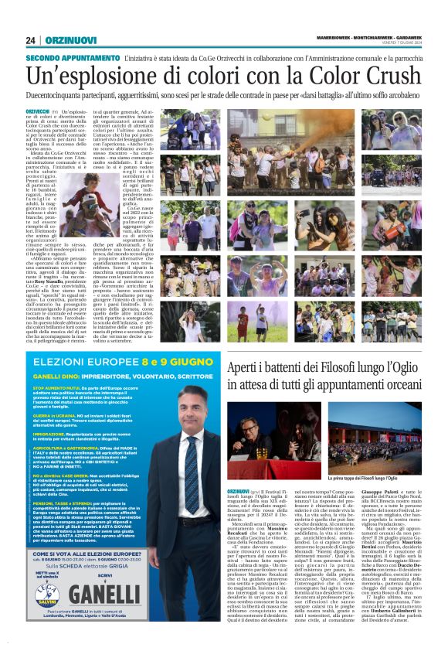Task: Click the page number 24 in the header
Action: pyautogui.click(x=31, y=40)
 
